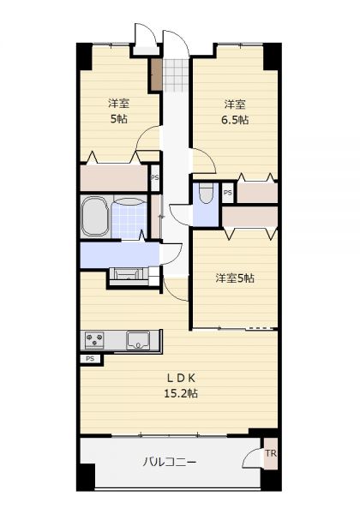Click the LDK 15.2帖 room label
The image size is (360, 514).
pyautogui.click(x=181, y=385)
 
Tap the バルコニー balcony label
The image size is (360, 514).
pyautogui.click(x=170, y=463)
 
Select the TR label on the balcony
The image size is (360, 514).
pyautogui.click(x=271, y=454)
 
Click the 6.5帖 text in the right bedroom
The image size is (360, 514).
pyautogui.click(x=235, y=120)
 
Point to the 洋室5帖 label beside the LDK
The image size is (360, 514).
pyautogui.click(x=235, y=278)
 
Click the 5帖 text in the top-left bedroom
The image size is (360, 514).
pyautogui.click(x=118, y=119)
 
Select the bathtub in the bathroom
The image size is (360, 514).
pyautogui.click(x=95, y=217)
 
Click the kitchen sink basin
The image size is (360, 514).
pyautogui.click(x=138, y=341)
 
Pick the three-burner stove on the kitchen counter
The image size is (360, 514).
pyautogui.click(x=94, y=340)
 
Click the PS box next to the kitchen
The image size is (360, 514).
pyautogui.click(x=91, y=359)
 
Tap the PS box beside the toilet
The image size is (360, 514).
pyautogui.click(x=228, y=193)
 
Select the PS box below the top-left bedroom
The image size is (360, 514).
pyautogui.click(x=155, y=177)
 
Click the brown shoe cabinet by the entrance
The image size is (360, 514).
pyautogui.click(x=157, y=75)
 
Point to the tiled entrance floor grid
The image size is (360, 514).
pyautogui.click(x=176, y=75)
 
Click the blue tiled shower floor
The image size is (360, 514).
pyautogui.click(x=129, y=218)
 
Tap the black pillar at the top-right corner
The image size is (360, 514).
pyautogui.click(x=272, y=56)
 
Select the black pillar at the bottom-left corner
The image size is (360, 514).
pyautogui.click(x=86, y=477)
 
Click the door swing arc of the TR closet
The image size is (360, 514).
pyautogui.click(x=251, y=454)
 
